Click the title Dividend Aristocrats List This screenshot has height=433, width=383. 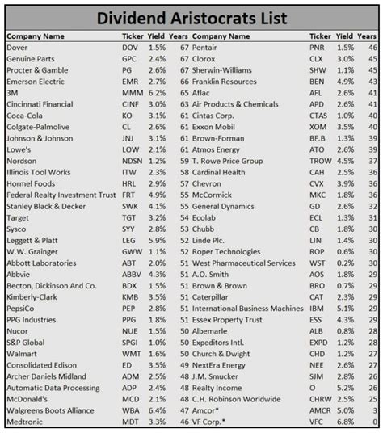pyautogui.click(x=191, y=17)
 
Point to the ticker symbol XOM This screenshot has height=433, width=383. pyautogui.click(x=319, y=127)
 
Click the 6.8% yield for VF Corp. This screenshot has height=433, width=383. pyautogui.click(x=343, y=422)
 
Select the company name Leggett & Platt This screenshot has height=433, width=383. pyautogui.click(x=33, y=240)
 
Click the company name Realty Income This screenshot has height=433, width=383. pyautogui.click(x=218, y=388)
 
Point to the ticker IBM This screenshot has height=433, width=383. pyautogui.click(x=318, y=308)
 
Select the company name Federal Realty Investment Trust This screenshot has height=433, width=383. pyautogui.click(x=61, y=195)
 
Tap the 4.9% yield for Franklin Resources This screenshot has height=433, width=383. pyautogui.click(x=343, y=82)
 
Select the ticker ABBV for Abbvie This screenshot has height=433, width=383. pyautogui.click(x=131, y=274)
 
